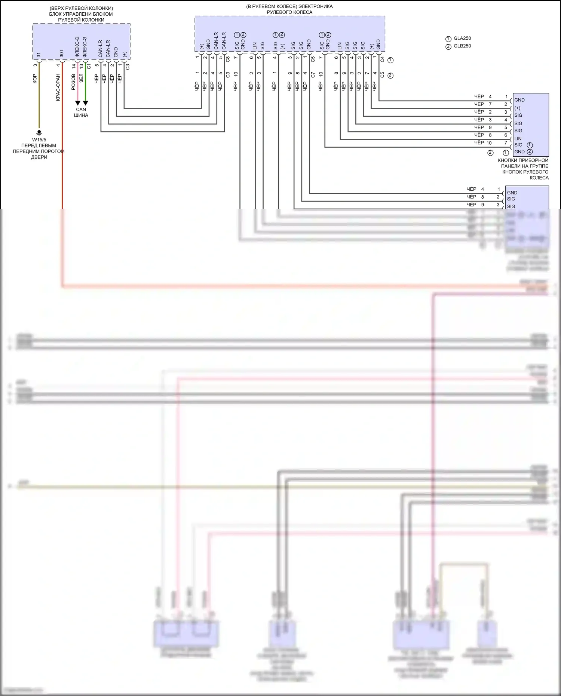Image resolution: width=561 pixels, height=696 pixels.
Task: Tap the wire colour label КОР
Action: (x=35, y=79)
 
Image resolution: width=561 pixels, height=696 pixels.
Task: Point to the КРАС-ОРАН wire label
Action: (x=58, y=87)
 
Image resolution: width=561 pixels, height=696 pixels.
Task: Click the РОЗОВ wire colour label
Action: (x=73, y=82)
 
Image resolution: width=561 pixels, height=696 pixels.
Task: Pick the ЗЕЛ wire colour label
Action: (x=81, y=79)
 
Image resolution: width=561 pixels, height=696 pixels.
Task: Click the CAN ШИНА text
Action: (x=81, y=112)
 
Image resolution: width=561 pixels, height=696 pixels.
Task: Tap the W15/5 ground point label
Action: (x=39, y=139)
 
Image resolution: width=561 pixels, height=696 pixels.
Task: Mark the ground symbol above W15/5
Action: (x=39, y=132)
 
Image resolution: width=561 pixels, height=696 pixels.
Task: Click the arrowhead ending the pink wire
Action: (x=77, y=103)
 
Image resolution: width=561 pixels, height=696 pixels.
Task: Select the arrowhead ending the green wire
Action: (x=85, y=103)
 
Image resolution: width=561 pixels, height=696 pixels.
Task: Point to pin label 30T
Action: (x=62, y=54)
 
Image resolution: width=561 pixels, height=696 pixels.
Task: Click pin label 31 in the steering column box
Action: (x=39, y=55)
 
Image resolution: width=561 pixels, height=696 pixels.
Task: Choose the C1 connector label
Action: (x=89, y=66)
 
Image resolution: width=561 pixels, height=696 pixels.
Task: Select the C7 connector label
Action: (x=313, y=75)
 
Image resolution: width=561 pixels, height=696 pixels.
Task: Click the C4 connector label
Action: (x=382, y=59)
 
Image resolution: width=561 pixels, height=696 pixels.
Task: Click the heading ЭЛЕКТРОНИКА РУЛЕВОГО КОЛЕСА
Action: (x=289, y=9)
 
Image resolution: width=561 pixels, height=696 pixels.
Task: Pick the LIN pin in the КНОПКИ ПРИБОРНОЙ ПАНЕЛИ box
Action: (x=518, y=138)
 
